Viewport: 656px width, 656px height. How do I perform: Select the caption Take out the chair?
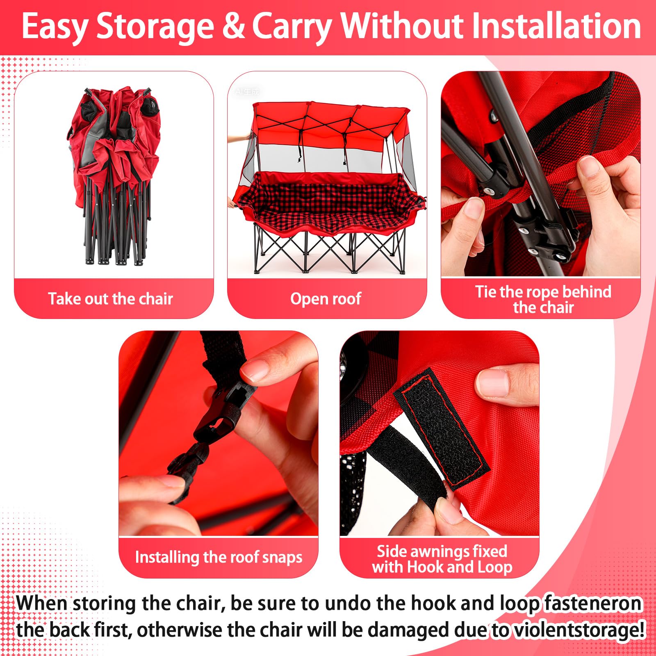110,298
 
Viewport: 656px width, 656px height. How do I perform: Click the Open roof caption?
326,299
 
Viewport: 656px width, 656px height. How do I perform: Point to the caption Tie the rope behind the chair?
543,299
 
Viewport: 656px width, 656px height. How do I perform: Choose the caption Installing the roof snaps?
219,557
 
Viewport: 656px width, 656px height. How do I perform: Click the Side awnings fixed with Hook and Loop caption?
442,559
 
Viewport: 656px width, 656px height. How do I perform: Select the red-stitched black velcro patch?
441,428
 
